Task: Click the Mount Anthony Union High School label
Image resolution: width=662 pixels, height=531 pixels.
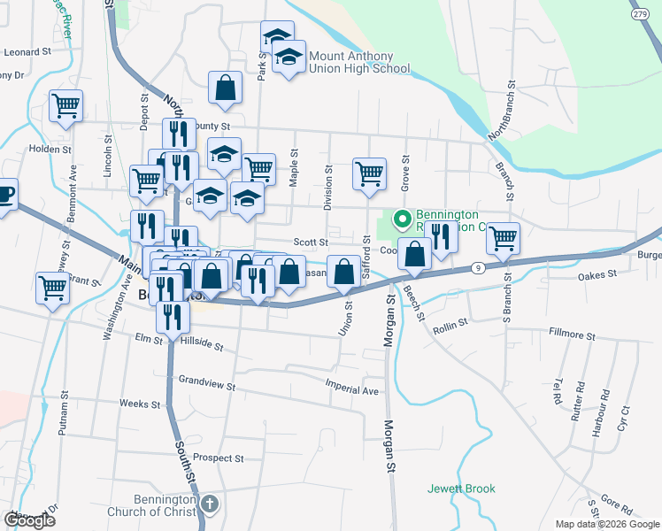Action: (358, 61)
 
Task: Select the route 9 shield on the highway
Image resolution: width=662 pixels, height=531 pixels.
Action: (477, 266)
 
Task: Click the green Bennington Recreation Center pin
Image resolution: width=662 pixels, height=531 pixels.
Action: (401, 217)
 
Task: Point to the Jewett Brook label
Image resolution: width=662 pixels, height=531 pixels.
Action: (461, 489)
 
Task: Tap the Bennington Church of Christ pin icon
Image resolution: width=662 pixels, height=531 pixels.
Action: (209, 504)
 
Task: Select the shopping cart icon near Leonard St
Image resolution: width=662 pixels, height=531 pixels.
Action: (65, 106)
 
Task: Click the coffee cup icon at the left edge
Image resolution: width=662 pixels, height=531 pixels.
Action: (4, 194)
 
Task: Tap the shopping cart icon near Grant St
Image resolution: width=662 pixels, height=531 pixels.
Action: (52, 287)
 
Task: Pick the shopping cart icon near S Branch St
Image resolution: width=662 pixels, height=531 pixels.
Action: (503, 236)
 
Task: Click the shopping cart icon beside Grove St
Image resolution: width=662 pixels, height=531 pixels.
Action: (369, 173)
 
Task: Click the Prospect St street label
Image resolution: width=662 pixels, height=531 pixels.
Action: (219, 458)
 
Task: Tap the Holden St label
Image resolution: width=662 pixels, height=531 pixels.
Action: (50, 150)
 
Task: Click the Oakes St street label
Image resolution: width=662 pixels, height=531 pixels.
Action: (597, 275)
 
